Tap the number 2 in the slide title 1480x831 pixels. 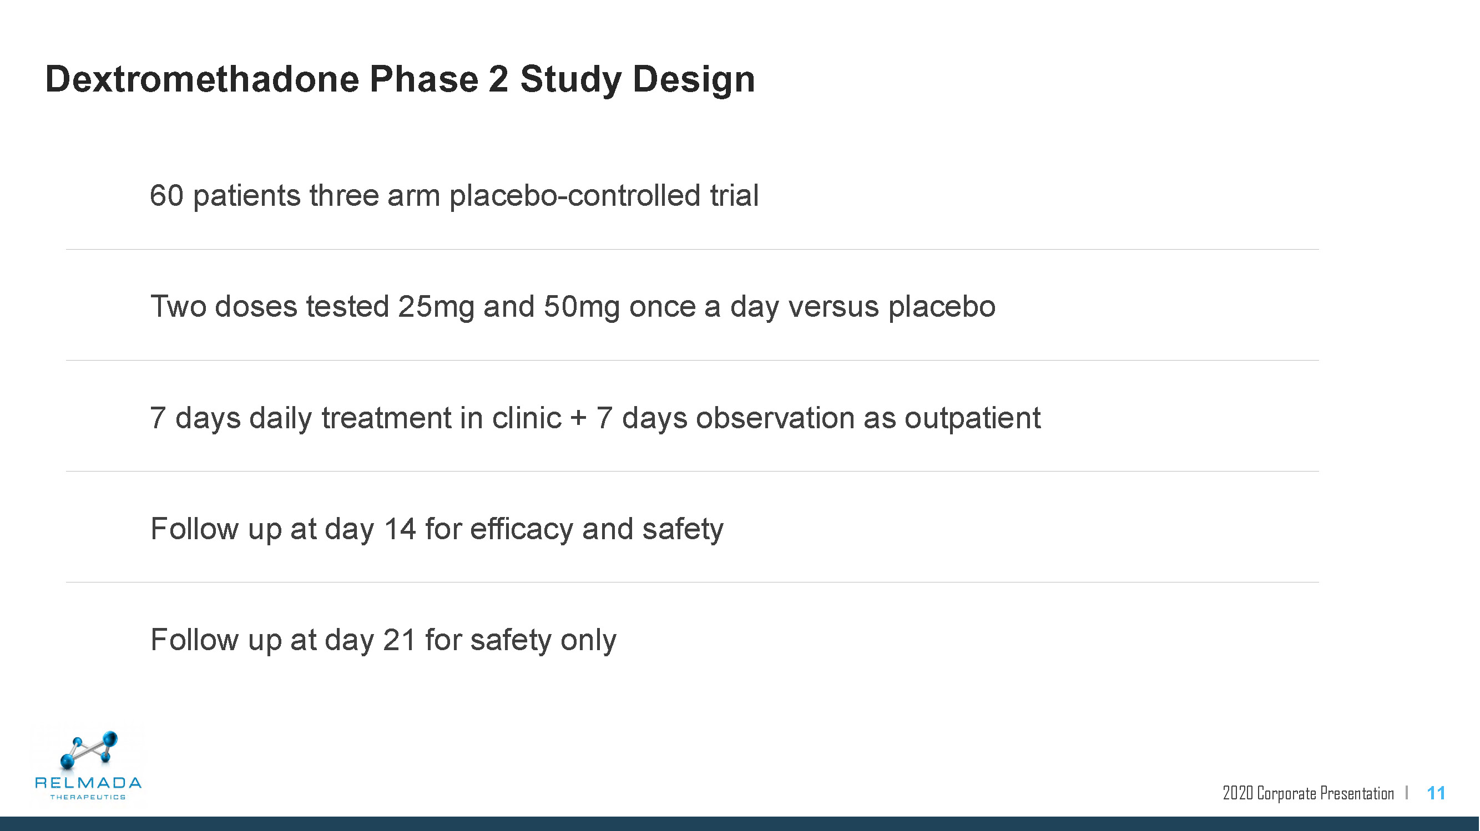498,79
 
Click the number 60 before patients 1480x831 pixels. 166,195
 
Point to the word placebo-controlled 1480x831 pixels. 575,195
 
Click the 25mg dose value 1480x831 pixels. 436,307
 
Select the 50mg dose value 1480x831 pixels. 582,307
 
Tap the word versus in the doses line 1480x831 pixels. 833,307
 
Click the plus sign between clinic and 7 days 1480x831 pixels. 579,418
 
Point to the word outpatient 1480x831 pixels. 972,418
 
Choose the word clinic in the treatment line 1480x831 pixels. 526,417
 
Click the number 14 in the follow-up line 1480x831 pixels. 400,528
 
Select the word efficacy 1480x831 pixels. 522,529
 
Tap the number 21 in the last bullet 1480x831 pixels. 400,640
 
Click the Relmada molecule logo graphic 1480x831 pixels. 89,749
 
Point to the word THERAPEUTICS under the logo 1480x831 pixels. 88,797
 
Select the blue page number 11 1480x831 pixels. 1436,793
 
